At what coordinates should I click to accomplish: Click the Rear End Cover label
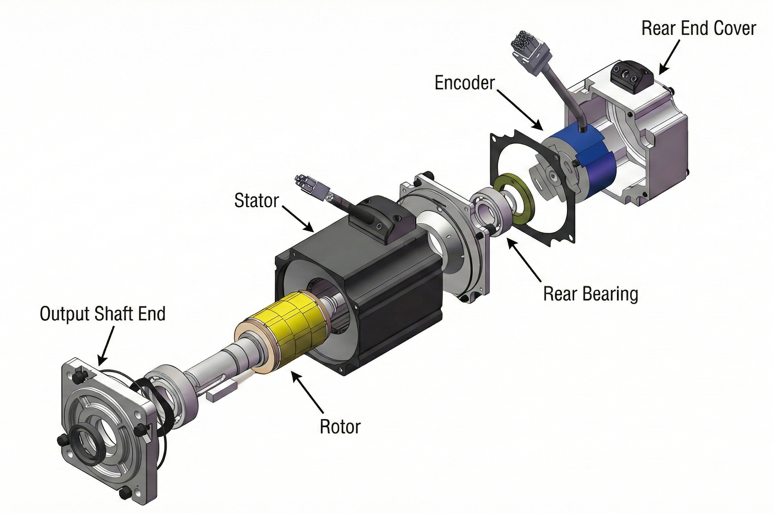coord(698,29)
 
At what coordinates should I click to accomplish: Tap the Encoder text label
coord(465,83)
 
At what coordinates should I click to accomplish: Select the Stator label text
coord(256,201)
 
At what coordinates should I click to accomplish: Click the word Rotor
coord(340,427)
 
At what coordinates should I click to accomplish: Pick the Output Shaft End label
coord(103,314)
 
